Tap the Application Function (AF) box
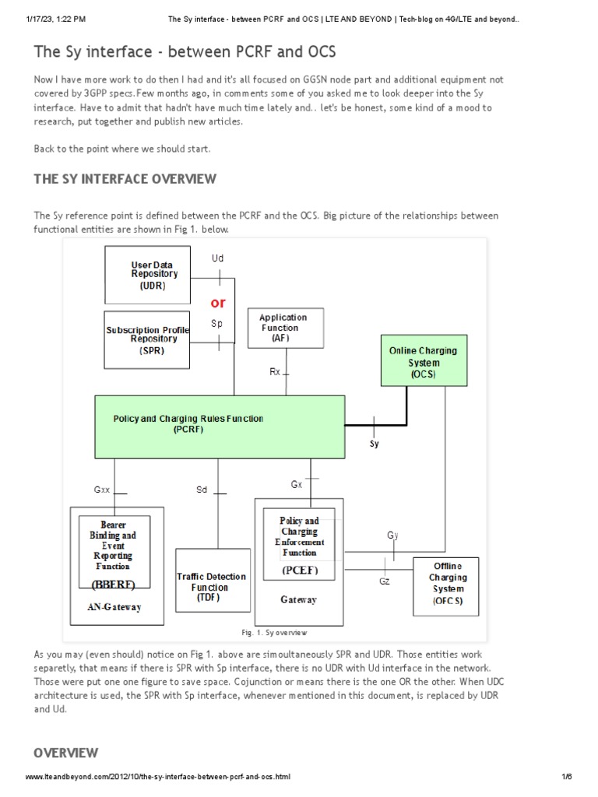(x=285, y=328)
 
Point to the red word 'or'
(x=219, y=302)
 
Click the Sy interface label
(x=375, y=444)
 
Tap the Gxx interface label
(x=103, y=490)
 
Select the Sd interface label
(x=202, y=490)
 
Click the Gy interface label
(x=392, y=535)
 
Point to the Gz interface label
(x=385, y=581)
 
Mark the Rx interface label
(x=275, y=372)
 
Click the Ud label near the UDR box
(x=218, y=258)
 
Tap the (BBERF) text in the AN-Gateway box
(x=114, y=584)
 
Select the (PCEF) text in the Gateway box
(x=300, y=571)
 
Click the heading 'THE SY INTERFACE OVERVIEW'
(x=125, y=179)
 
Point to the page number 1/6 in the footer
(x=566, y=778)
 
